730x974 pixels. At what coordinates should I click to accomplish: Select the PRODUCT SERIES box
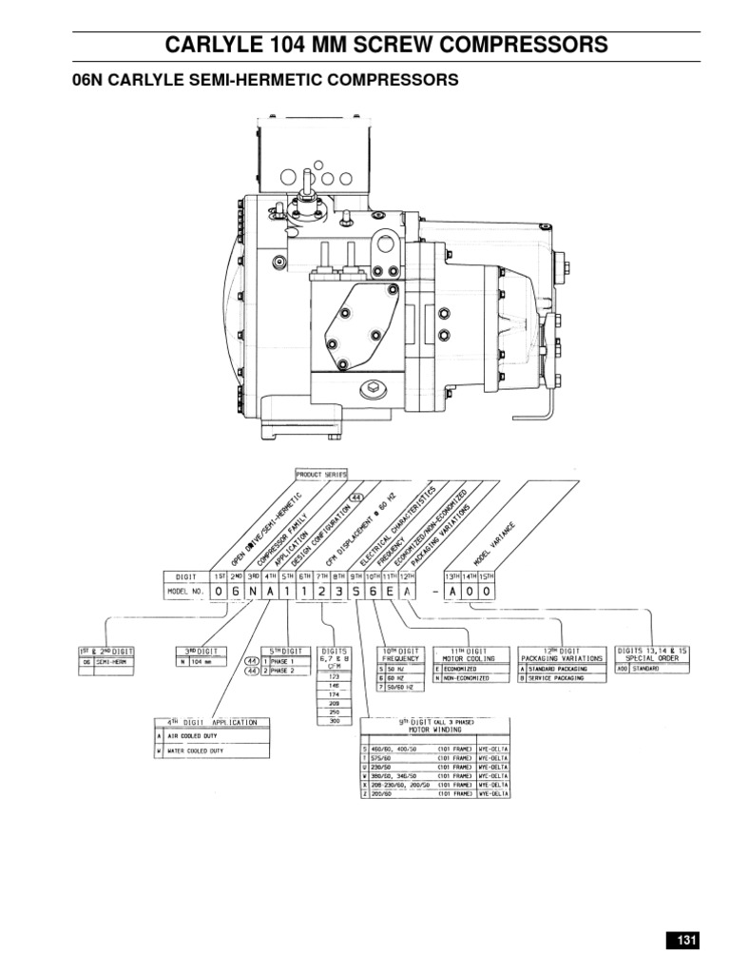point(321,473)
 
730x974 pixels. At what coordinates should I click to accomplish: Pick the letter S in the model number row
point(355,591)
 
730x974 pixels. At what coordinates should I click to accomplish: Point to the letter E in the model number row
point(390,591)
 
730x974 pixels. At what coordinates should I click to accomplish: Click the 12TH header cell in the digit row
point(407,575)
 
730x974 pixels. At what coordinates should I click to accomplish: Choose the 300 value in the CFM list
point(335,721)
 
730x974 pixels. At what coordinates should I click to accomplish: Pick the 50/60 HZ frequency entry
point(409,686)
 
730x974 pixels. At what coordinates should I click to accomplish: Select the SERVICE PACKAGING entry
point(561,678)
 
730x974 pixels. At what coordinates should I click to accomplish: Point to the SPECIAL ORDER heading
point(652,656)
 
